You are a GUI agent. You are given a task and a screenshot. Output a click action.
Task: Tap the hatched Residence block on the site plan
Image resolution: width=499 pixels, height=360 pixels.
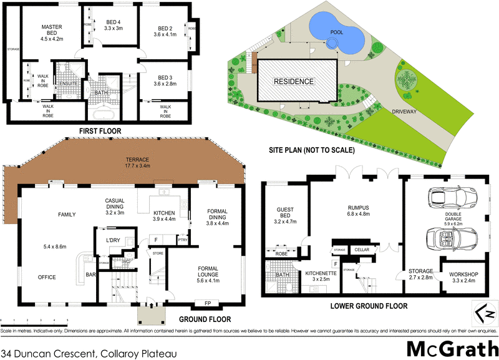tap(296, 81)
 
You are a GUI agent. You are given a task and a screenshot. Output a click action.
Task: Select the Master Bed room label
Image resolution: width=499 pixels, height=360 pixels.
tap(51, 32)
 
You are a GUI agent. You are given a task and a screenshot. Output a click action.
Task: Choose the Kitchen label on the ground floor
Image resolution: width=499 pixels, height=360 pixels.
tap(165, 215)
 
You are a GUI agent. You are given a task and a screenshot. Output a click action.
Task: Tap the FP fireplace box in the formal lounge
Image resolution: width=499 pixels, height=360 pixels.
tap(206, 304)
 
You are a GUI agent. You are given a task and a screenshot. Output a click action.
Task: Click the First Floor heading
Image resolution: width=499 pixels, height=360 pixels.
tap(99, 130)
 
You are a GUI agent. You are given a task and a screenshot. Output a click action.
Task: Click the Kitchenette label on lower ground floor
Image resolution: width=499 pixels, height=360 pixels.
tap(322, 275)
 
